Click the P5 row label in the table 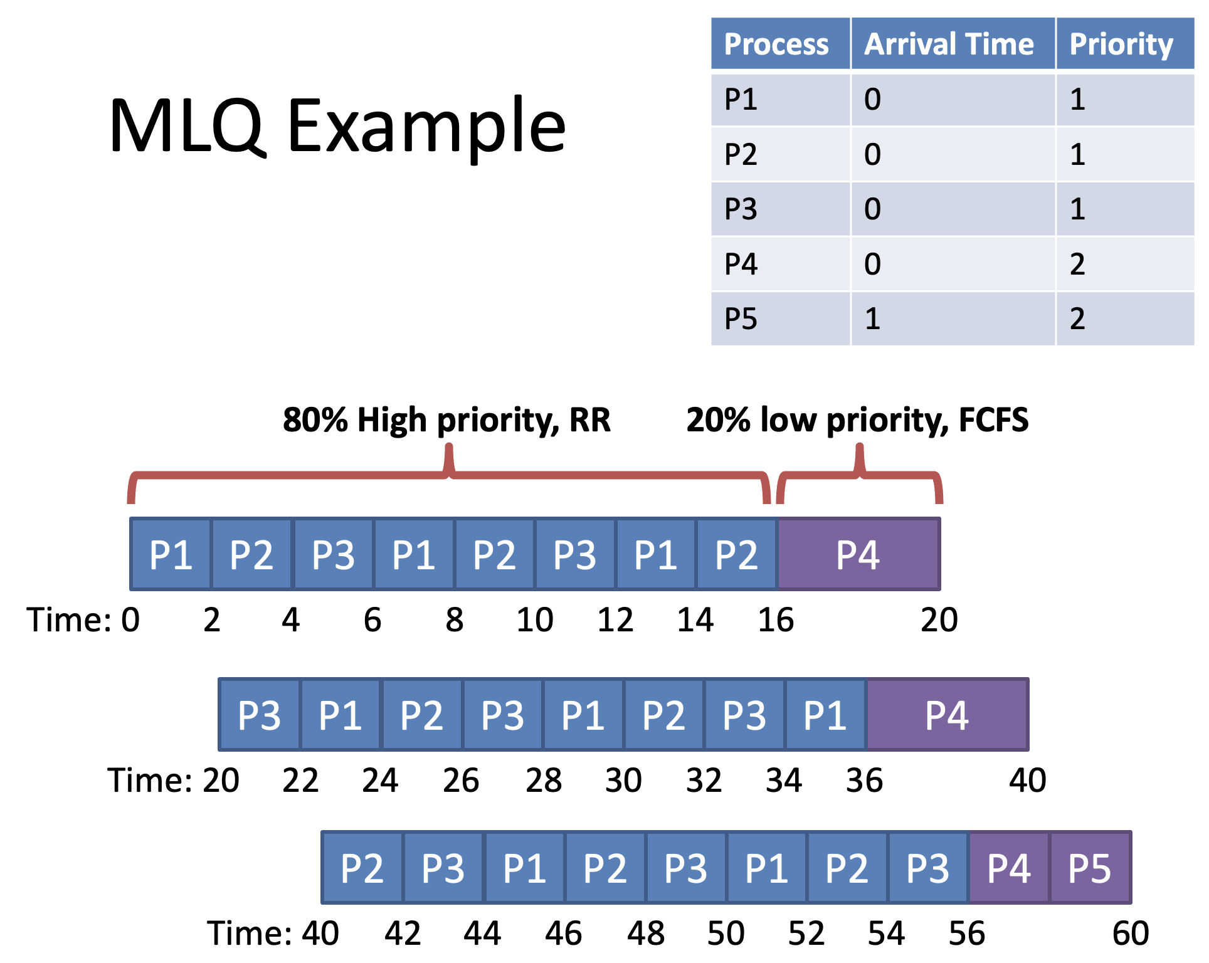click(x=741, y=318)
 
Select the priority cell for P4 click(x=1125, y=264)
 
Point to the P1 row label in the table click(x=741, y=99)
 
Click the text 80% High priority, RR click(x=446, y=420)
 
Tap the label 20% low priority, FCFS click(x=857, y=420)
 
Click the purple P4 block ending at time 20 click(x=859, y=554)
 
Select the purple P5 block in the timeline click(x=1091, y=868)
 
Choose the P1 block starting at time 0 click(x=171, y=554)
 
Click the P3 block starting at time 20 click(x=260, y=715)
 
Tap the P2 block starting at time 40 click(x=362, y=868)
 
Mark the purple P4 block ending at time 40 click(x=948, y=715)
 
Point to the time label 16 click(x=776, y=620)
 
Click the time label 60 click(x=1131, y=934)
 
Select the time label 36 click(x=865, y=781)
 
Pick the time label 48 click(x=646, y=934)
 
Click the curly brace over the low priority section click(x=860, y=475)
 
